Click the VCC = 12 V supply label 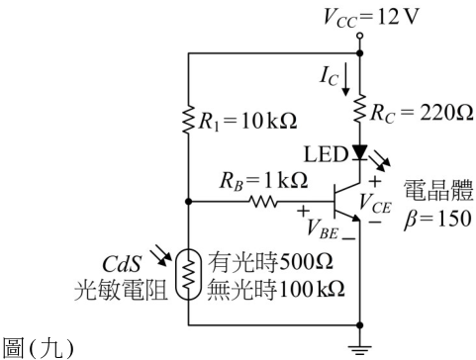pyautogui.click(x=371, y=17)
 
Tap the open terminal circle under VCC pyautogui.click(x=360, y=36)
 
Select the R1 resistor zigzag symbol pyautogui.click(x=189, y=119)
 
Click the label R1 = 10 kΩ pyautogui.click(x=247, y=121)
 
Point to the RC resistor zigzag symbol pyautogui.click(x=360, y=109)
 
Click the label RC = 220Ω pyautogui.click(x=422, y=113)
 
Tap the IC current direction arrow pyautogui.click(x=345, y=79)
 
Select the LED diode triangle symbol pyautogui.click(x=360, y=152)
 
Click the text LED pyautogui.click(x=326, y=154)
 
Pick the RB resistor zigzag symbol pyautogui.click(x=263, y=201)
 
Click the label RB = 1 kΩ pyautogui.click(x=264, y=181)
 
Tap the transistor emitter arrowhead pyautogui.click(x=355, y=218)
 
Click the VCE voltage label pyautogui.click(x=375, y=203)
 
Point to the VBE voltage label pyautogui.click(x=323, y=229)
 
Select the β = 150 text pyautogui.click(x=437, y=219)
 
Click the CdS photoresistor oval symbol pyautogui.click(x=188, y=274)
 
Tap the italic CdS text pyautogui.click(x=122, y=264)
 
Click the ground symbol pyautogui.click(x=360, y=350)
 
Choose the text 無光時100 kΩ pyautogui.click(x=276, y=290)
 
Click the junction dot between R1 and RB pyautogui.click(x=189, y=201)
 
